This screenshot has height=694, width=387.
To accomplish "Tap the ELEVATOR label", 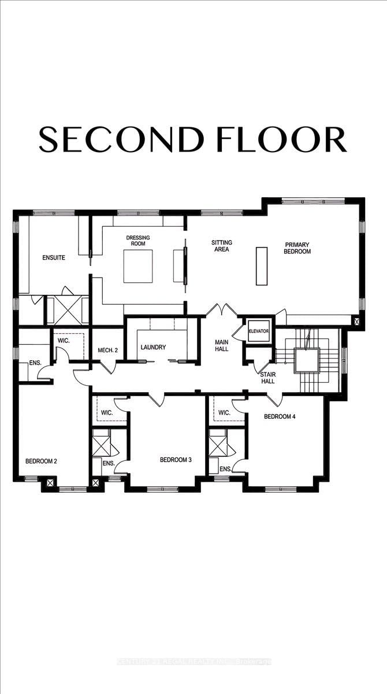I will coord(259,331).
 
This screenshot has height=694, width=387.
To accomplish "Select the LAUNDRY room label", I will coord(154,347).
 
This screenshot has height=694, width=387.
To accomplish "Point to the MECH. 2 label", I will coord(108,349).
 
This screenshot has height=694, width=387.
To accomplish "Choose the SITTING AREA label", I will coord(220,246).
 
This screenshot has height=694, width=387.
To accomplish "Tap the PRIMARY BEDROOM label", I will coord(297,248).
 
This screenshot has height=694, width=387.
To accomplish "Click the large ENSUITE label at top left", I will coord(53,257).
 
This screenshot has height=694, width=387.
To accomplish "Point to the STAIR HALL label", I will coord(267,378).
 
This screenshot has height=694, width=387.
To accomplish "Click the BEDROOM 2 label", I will coord(40,461).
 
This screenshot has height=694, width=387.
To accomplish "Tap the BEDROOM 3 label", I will coord(176,460).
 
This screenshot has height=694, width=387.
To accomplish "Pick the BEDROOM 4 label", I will coord(280,416).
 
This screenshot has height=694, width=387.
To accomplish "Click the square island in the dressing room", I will coord(138,266).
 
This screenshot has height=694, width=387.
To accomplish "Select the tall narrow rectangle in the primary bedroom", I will coord(262,266).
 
